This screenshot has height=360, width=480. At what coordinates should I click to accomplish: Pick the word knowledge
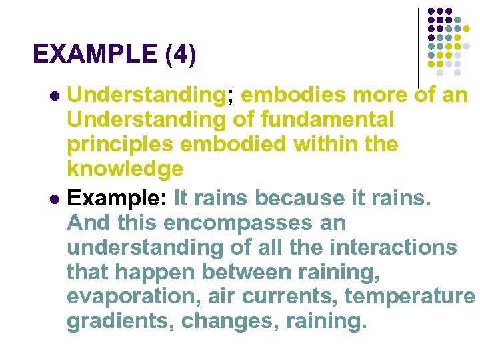[x=125, y=169]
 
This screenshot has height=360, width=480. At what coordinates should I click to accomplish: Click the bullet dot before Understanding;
[x=55, y=96]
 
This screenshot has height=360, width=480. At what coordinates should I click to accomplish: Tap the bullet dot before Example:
[x=55, y=198]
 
